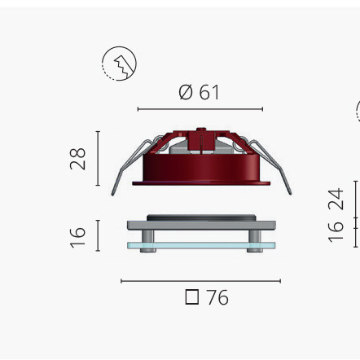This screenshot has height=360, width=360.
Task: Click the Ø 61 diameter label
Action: pyautogui.click(x=199, y=92)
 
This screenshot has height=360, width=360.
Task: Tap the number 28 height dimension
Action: pyautogui.click(x=78, y=159)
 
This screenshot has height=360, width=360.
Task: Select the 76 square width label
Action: pyautogui.click(x=207, y=297)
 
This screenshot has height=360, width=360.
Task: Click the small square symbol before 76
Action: pyautogui.click(x=192, y=297)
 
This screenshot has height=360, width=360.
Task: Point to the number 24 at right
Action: pyautogui.click(x=336, y=199)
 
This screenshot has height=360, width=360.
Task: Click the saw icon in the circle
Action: pyautogui.click(x=119, y=64)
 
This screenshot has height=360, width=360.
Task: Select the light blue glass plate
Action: pyautogui.click(x=201, y=245)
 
